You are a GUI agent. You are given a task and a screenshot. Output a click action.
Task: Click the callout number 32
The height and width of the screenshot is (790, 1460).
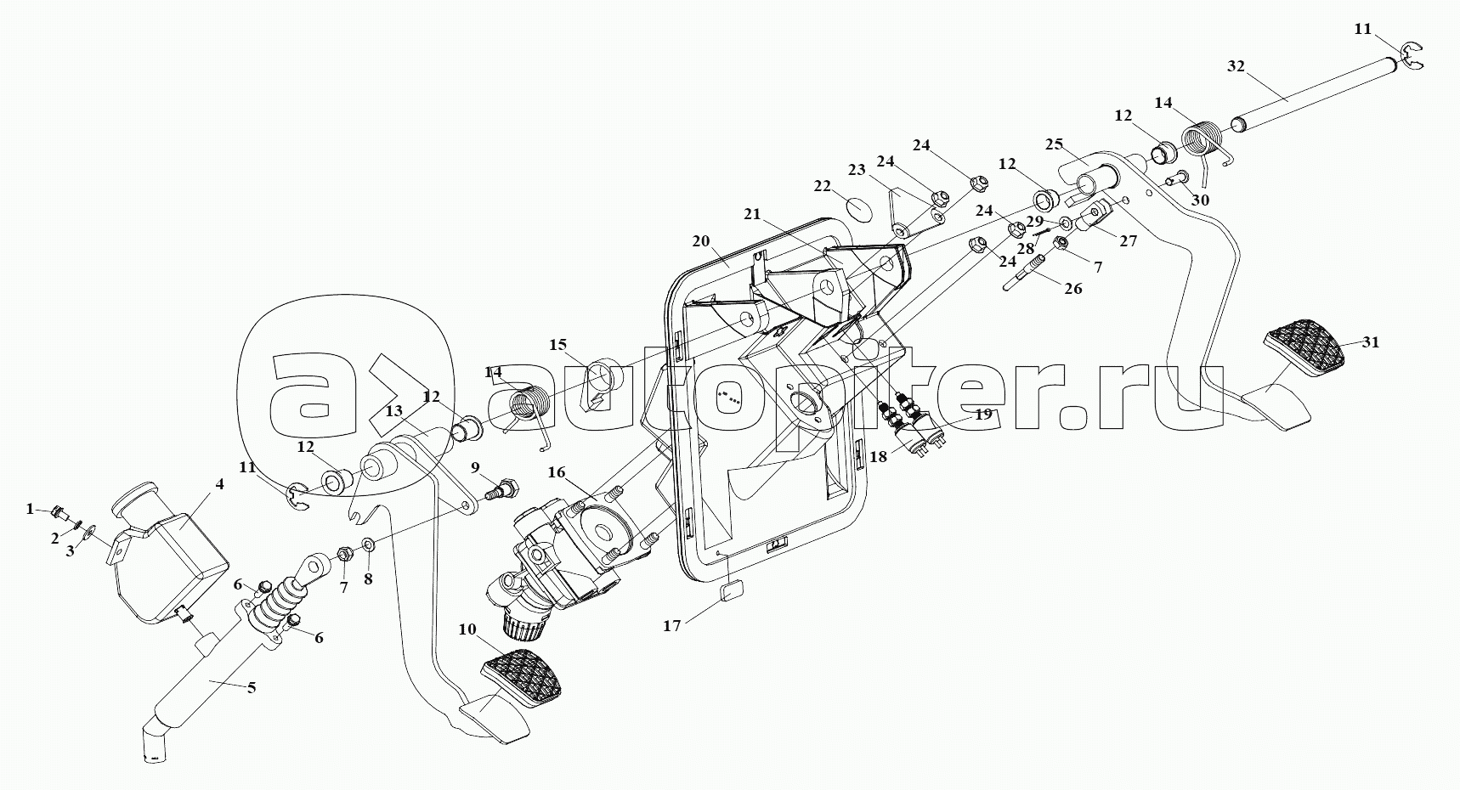coord(1236,65)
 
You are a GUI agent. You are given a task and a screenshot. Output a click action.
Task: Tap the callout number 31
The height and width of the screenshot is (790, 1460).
coord(1371,342)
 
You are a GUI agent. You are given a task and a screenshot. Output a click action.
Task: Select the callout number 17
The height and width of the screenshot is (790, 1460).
coord(671,626)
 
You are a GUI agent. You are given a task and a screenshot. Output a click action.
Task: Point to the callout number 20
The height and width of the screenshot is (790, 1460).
coord(700,241)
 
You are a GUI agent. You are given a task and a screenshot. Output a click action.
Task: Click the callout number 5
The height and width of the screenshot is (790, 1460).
coord(251,687)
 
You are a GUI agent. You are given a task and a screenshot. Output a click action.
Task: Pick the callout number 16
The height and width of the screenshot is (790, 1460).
coord(557,472)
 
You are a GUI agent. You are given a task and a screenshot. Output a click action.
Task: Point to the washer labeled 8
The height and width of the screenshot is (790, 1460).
coord(369,545)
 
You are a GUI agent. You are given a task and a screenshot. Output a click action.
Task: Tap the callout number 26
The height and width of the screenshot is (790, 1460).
coord(1073,289)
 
